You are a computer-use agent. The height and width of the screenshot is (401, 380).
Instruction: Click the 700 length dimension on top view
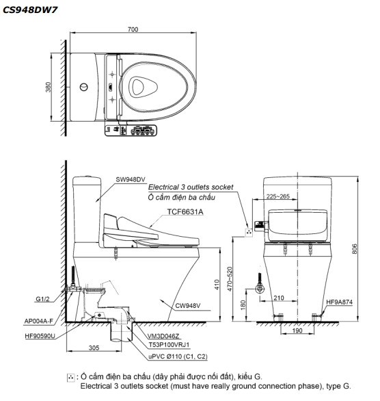133,29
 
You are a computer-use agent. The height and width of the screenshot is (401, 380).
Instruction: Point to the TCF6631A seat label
185,213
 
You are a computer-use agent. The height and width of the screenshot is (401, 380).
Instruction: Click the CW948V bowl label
187,306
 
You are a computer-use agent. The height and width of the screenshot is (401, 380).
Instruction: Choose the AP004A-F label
40,320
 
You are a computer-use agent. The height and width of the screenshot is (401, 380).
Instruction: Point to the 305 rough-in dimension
94,348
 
